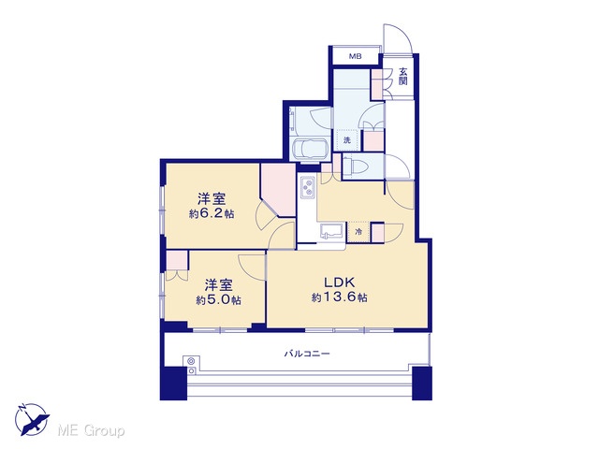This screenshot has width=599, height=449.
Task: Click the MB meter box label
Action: point(356,56)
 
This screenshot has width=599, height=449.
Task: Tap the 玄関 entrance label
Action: point(403,76)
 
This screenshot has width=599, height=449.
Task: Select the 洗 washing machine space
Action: point(347,140)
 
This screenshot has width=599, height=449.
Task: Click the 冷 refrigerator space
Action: point(358,231)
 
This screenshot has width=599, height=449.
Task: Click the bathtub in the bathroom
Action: point(309,150)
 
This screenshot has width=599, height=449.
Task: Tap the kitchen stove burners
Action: point(308,187)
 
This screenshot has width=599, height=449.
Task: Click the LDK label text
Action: point(340,282)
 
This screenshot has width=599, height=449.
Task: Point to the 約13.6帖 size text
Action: point(339,297)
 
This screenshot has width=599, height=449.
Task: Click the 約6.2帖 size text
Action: point(212,213)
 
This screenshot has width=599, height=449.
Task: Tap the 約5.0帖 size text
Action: point(218,300)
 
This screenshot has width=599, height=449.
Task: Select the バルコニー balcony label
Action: point(307,354)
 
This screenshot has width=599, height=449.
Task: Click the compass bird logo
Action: point(32,419)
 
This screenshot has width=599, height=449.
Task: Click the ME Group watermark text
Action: point(91,431)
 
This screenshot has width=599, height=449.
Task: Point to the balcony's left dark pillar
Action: point(173,383)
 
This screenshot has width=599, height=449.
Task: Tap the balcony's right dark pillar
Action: point(422,383)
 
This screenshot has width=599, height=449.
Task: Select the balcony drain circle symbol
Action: point(191,361)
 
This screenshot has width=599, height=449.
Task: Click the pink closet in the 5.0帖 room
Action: point(177,260)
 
